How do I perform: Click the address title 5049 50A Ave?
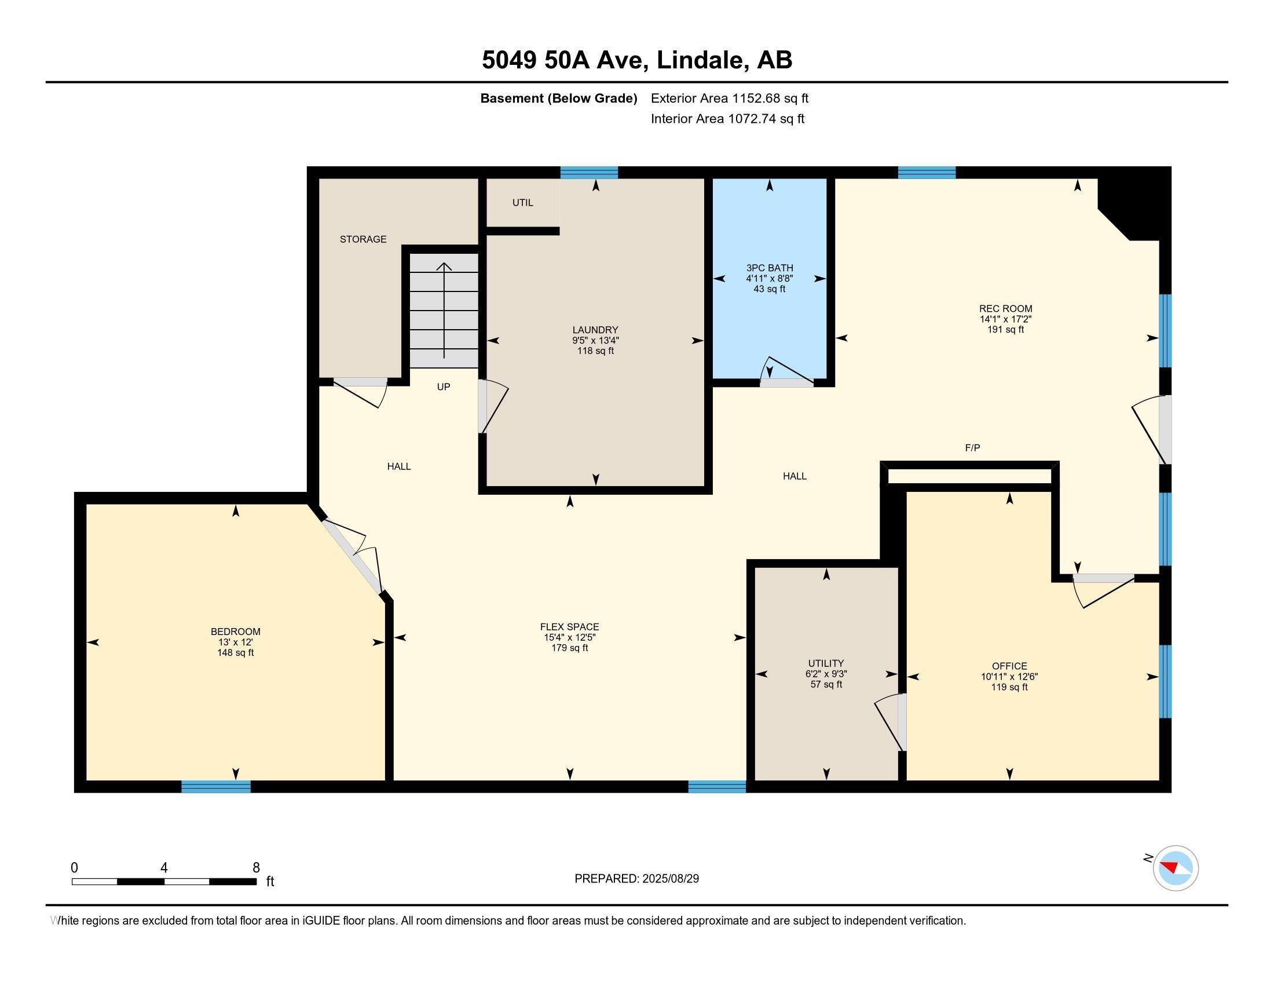click(x=636, y=60)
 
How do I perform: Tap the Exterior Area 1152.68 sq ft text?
click(x=729, y=98)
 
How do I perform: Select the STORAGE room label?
click(x=363, y=239)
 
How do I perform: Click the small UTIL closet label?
click(x=522, y=203)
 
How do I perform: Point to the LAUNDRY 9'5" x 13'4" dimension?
click(x=595, y=340)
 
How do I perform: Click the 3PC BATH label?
click(x=770, y=268)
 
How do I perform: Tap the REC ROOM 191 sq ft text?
click(x=1005, y=329)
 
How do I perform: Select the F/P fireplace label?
click(x=972, y=447)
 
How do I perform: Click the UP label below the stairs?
click(x=444, y=387)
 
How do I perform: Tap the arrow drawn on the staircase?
click(x=444, y=309)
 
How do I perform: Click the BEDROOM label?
click(x=235, y=632)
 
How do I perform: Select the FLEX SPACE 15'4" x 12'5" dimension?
click(x=569, y=637)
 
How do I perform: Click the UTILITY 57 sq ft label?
click(x=825, y=684)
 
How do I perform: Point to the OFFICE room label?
click(x=1009, y=666)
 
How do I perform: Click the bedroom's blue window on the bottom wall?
click(x=216, y=786)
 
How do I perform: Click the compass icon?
click(x=1175, y=869)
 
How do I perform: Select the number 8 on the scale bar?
click(x=255, y=867)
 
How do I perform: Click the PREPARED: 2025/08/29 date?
click(x=636, y=879)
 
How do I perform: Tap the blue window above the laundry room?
click(x=588, y=172)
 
